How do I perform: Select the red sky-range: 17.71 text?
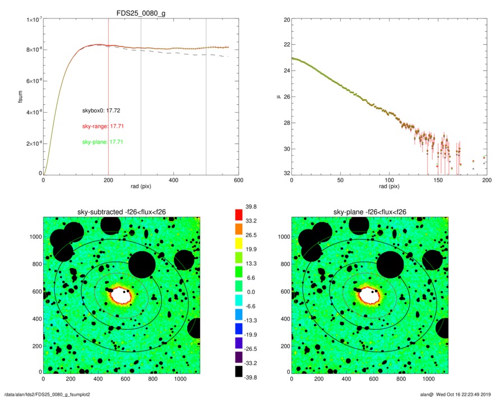pyautogui.click(x=103, y=126)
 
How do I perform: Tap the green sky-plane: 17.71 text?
pyautogui.click(x=103, y=142)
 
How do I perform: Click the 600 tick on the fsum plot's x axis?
pyautogui.click(x=238, y=181)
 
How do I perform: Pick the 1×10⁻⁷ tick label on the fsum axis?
pyautogui.click(x=31, y=20)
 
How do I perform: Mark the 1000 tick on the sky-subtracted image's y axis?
pyautogui.click(x=34, y=237)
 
